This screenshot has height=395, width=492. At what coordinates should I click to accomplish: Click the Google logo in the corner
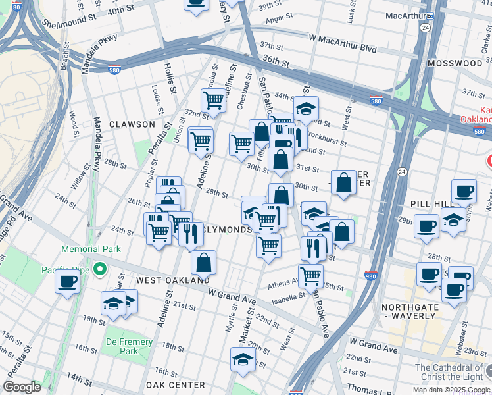point(22,387)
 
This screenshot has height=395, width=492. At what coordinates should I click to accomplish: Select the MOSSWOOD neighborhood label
point(455,63)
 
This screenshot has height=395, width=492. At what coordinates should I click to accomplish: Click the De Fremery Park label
point(130,346)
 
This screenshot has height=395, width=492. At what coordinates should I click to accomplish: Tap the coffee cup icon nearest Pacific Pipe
point(67,282)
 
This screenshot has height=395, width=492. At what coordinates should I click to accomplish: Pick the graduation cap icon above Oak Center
point(243,359)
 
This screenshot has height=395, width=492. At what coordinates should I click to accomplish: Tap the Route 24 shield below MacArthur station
point(426,28)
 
